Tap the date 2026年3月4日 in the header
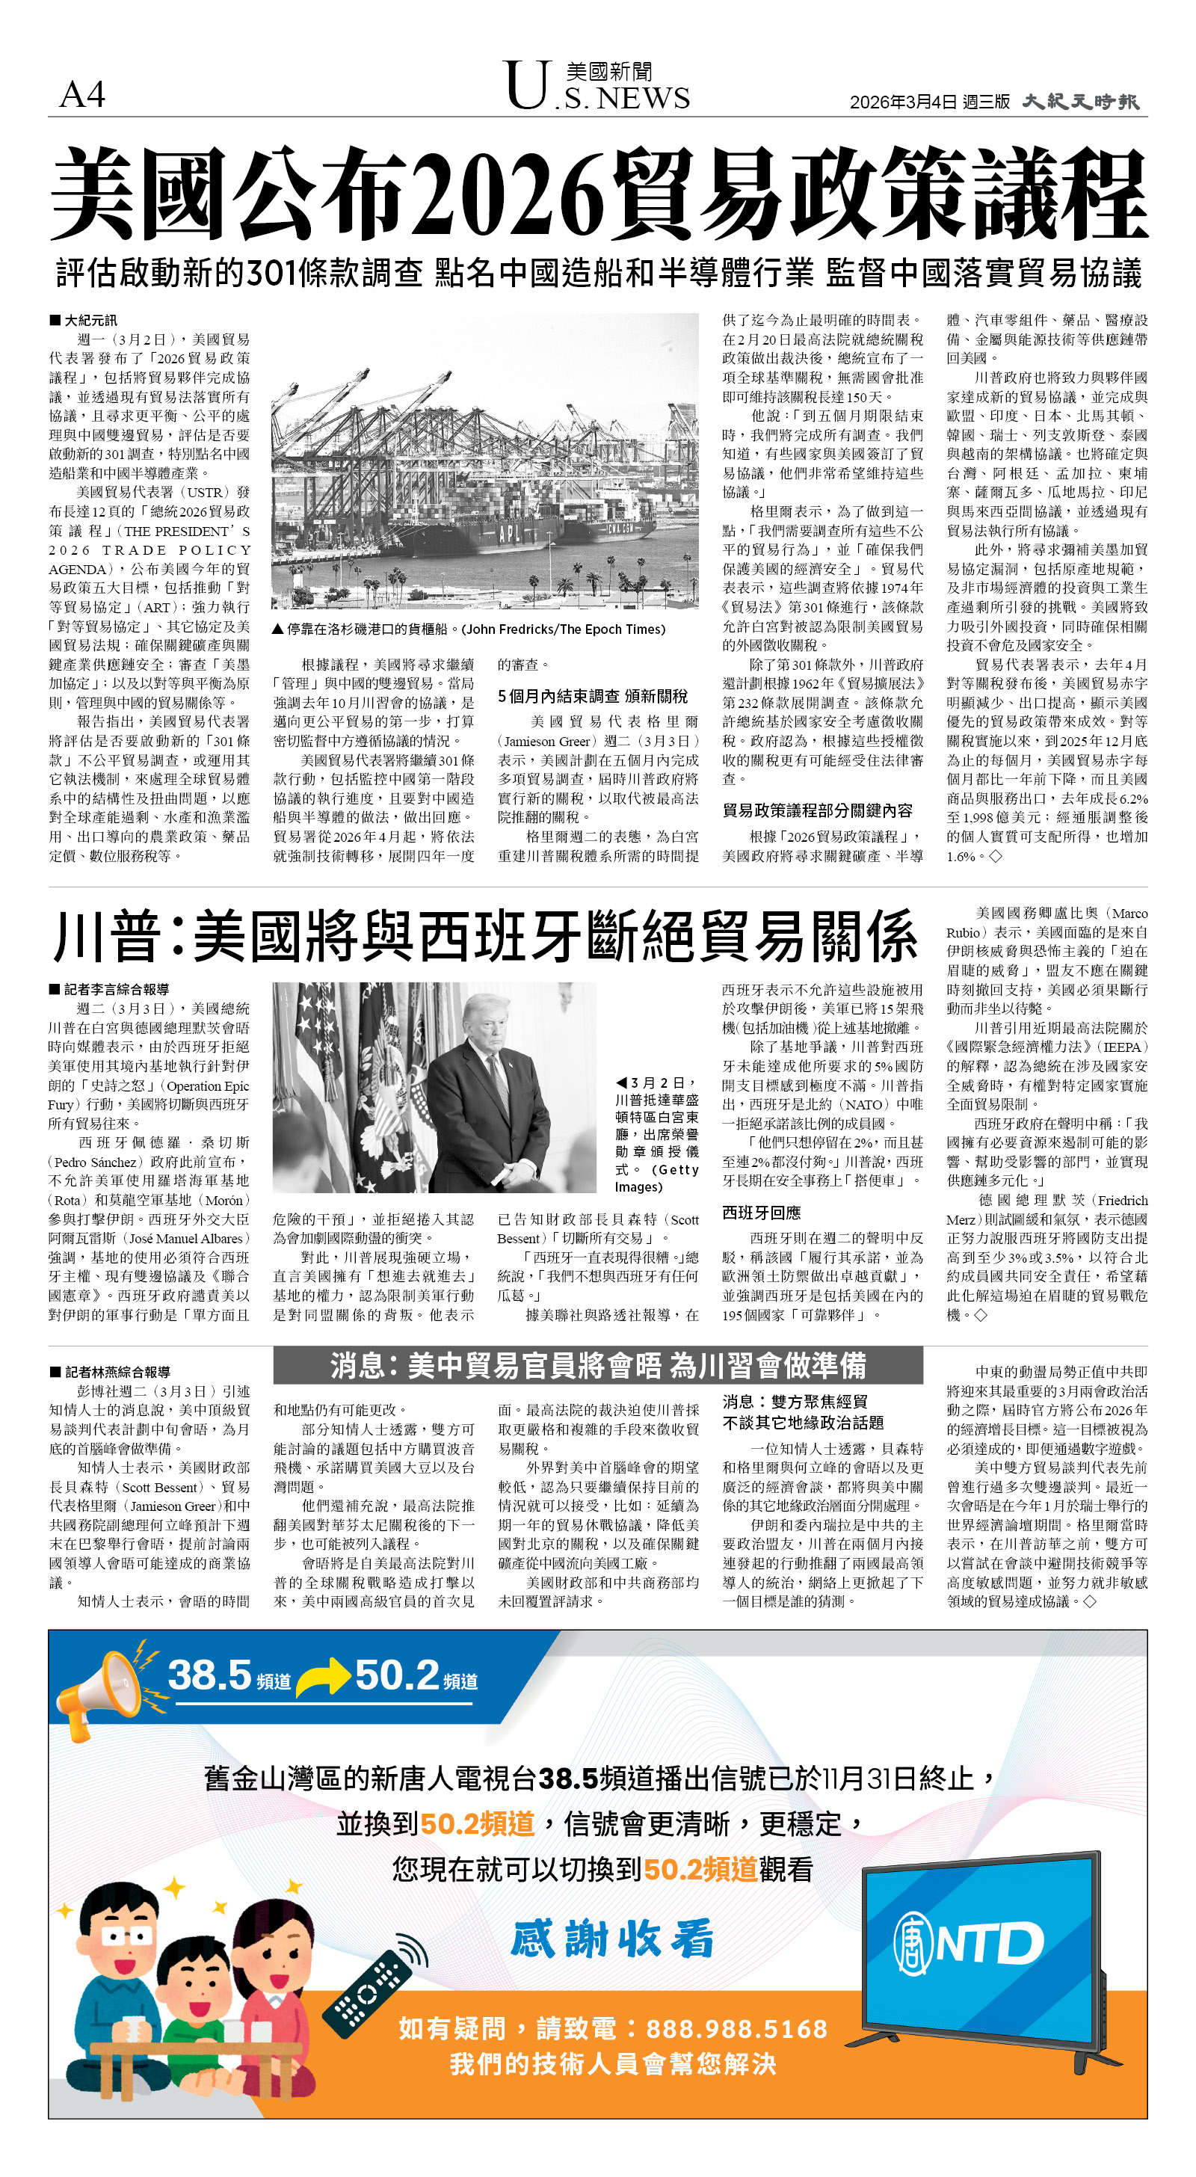pos(903,102)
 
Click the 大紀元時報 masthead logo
pos(1080,102)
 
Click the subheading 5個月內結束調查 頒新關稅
pos(593,696)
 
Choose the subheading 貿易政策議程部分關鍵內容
pos(817,810)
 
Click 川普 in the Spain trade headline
pos(108,937)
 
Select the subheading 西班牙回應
pos(761,1213)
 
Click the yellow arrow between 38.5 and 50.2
pos(321,1678)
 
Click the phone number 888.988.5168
pos(736,2028)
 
